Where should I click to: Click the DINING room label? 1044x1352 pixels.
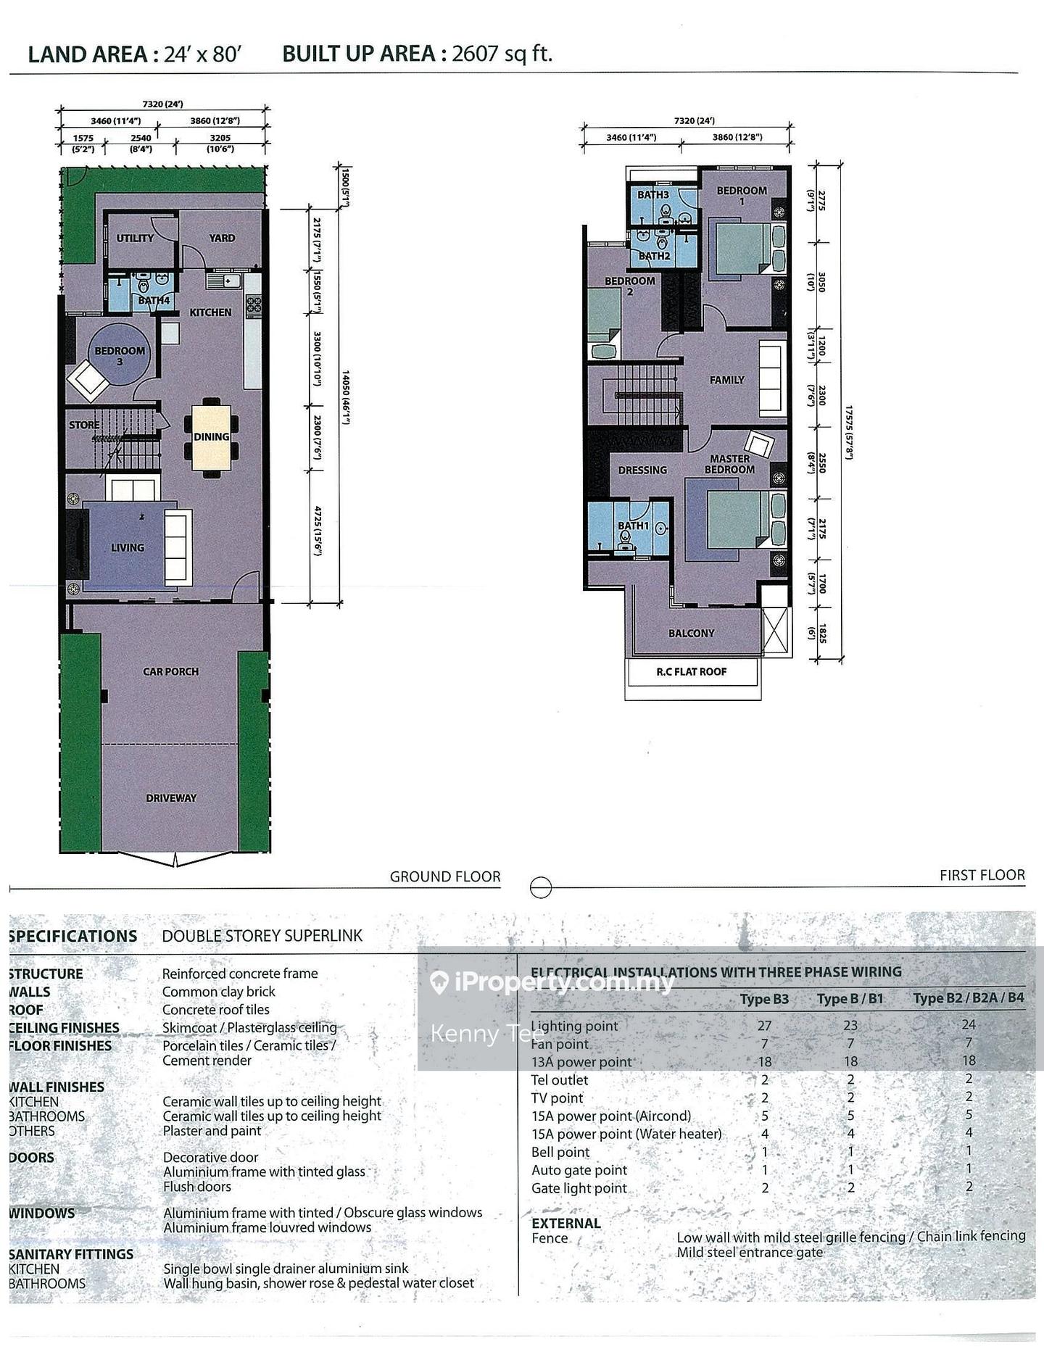point(211,436)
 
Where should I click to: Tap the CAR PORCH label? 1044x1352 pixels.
point(170,671)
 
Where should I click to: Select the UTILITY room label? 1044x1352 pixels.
point(135,238)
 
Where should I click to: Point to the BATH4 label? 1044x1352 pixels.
point(154,300)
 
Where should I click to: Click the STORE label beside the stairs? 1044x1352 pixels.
point(84,425)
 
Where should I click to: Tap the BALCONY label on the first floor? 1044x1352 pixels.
point(691,633)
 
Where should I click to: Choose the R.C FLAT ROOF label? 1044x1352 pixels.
point(691,671)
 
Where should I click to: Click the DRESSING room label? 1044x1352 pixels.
point(642,470)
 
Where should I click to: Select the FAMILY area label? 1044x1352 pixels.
point(726,380)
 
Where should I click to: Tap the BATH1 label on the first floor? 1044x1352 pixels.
point(633,526)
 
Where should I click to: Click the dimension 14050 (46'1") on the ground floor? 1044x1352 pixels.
point(346,397)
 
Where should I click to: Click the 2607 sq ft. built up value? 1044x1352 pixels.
point(502,54)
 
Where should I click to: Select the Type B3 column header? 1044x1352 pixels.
point(764,999)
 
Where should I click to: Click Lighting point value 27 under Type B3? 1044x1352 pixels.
point(764,1025)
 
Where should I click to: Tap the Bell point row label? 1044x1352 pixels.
point(560,1152)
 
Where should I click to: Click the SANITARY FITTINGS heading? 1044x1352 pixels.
point(71,1253)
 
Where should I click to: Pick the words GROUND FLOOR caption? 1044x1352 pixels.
point(445,876)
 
